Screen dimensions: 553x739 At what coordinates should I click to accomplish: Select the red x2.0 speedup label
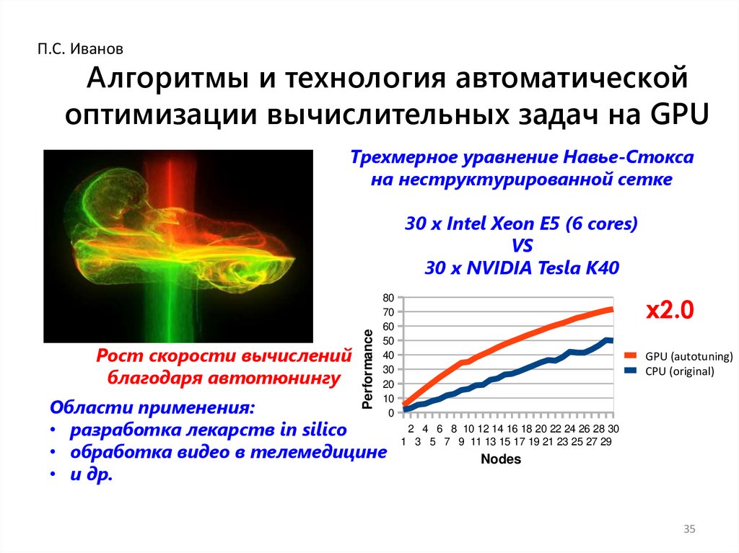(669, 311)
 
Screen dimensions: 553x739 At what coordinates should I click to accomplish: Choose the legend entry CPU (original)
(679, 371)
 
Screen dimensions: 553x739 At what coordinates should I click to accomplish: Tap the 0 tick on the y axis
(390, 414)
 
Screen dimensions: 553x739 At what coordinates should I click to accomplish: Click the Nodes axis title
(500, 459)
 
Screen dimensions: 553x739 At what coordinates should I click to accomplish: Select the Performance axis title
(368, 369)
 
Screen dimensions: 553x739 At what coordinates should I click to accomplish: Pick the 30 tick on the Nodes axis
(613, 429)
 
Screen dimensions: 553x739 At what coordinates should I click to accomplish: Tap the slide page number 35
(688, 531)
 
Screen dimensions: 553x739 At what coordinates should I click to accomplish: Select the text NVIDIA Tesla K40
(542, 268)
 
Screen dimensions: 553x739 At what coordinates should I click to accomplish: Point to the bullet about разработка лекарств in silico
(208, 430)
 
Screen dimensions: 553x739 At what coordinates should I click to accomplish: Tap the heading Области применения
(152, 407)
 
